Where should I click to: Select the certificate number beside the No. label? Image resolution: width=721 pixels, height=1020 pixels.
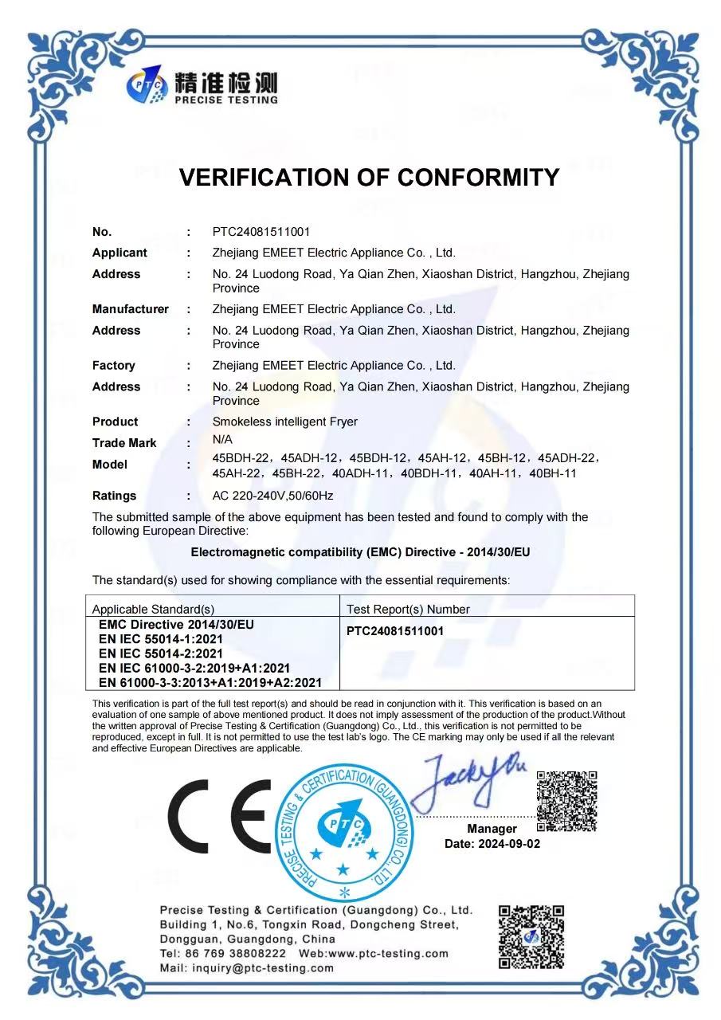pos(261,232)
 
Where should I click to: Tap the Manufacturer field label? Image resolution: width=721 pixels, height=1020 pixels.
pos(130,309)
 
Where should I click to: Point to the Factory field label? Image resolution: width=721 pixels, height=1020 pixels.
pos(113,366)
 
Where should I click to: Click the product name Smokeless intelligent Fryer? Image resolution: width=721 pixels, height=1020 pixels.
pos(284,422)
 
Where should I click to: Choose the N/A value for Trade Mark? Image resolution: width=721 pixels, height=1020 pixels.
pos(222,439)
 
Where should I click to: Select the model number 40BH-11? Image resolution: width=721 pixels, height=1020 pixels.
pos(552,473)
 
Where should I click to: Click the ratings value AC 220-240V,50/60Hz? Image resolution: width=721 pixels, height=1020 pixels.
pos(272,496)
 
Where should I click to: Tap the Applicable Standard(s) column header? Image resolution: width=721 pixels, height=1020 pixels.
pos(153,610)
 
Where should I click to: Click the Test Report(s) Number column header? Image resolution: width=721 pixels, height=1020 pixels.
pos(408,610)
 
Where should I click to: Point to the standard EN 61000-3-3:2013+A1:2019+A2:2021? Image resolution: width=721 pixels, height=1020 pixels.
pos(210,682)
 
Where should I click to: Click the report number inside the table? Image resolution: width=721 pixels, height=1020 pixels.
pos(395,631)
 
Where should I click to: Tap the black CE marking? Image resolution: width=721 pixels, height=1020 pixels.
pos(219,814)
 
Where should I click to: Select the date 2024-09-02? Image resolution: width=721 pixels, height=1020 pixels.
pos(508,843)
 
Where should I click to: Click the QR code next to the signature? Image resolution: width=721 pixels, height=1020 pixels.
pos(566,800)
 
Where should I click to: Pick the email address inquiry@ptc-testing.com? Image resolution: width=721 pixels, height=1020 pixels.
pos(262,968)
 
